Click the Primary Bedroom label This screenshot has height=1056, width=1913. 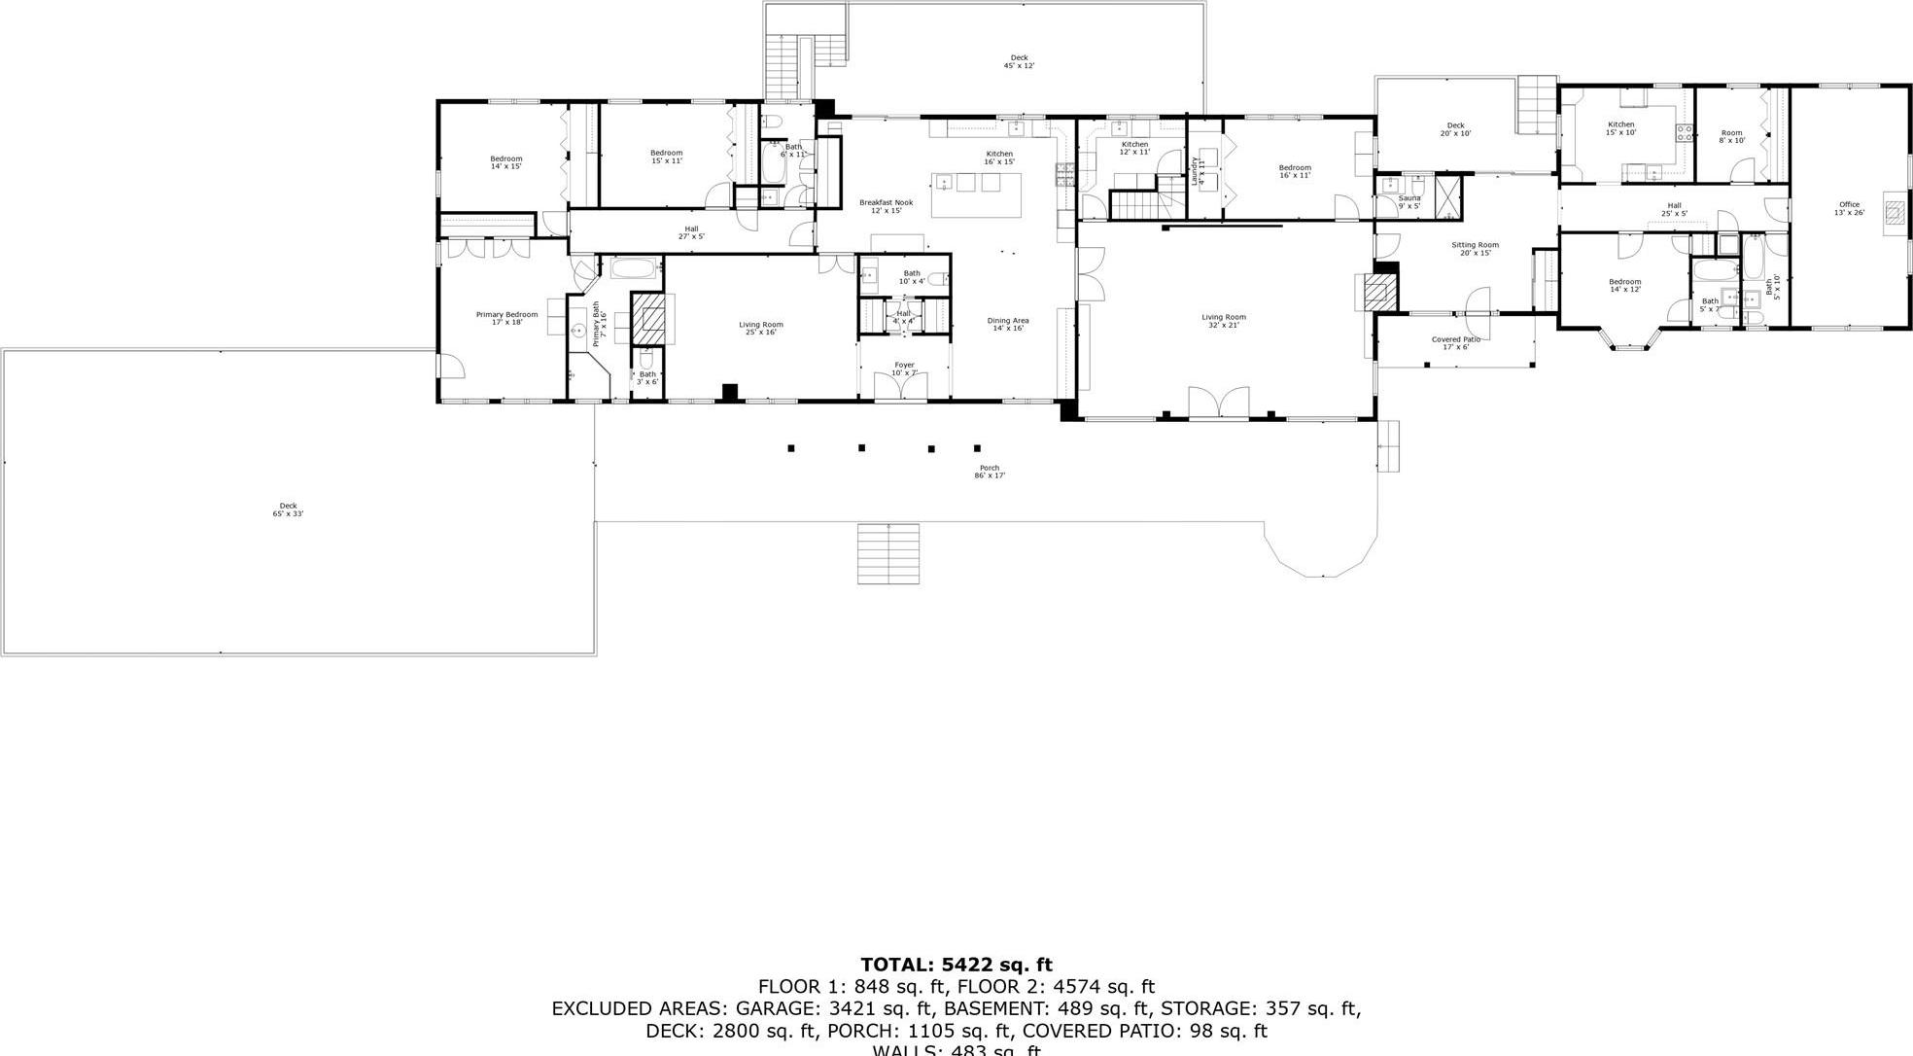tap(506, 318)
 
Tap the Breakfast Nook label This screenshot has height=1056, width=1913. tap(886, 206)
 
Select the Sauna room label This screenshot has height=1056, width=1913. tap(1409, 201)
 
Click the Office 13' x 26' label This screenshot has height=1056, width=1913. tap(1849, 208)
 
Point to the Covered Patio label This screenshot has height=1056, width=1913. tap(1455, 342)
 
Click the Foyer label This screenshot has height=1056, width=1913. tap(904, 369)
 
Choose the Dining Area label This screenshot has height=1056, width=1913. tap(1008, 324)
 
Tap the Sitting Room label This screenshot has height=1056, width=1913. tap(1475, 249)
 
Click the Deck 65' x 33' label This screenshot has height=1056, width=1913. tap(288, 509)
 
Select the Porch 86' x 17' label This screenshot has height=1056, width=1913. tap(990, 472)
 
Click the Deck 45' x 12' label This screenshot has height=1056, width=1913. tap(1019, 61)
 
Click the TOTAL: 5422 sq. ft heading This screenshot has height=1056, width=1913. tap(956, 965)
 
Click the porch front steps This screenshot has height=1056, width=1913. tap(887, 554)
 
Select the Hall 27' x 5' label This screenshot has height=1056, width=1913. tap(691, 232)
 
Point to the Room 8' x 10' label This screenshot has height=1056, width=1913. tap(1731, 136)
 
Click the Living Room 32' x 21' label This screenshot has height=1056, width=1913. tap(1223, 320)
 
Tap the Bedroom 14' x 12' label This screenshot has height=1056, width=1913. tap(1624, 285)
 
